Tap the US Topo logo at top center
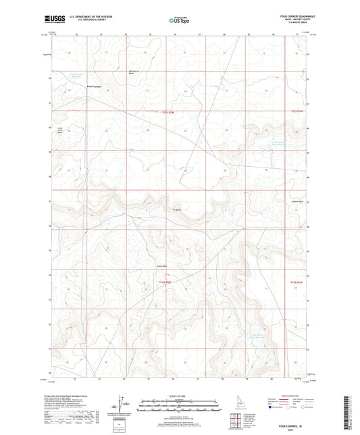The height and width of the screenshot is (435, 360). pyautogui.click(x=178, y=21)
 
